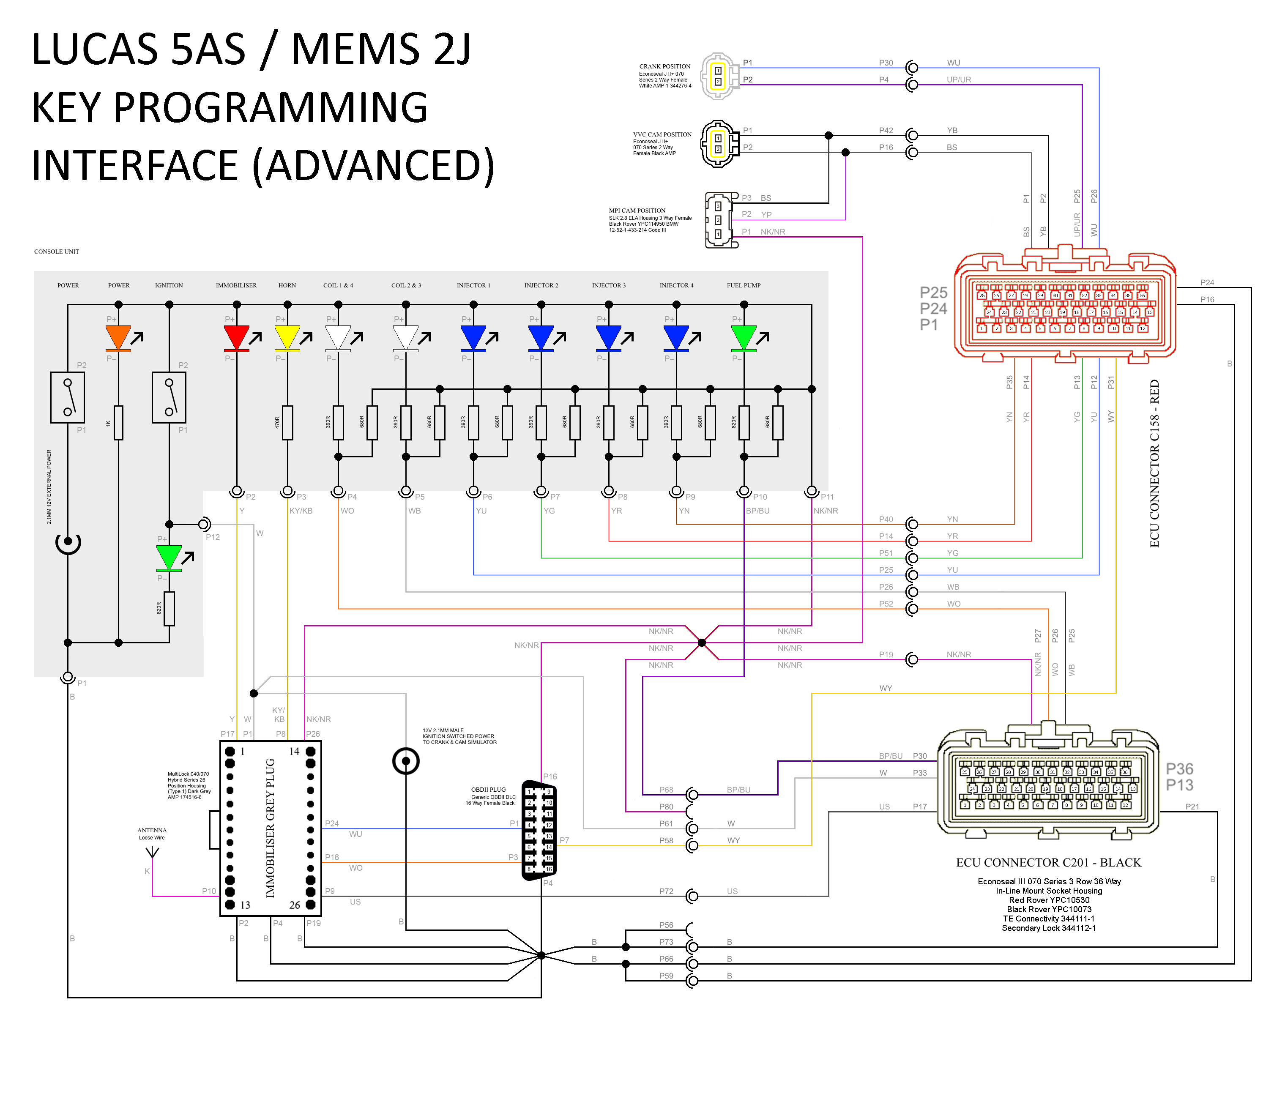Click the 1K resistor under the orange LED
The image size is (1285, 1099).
click(118, 423)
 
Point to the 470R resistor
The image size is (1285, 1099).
click(287, 423)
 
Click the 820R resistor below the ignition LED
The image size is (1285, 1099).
click(170, 608)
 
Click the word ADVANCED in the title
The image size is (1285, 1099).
click(374, 166)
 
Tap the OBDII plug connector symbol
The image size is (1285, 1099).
click(539, 830)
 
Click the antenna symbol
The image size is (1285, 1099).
click(152, 853)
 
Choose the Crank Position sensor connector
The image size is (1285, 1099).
click(719, 76)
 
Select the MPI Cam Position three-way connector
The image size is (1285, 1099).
click(720, 220)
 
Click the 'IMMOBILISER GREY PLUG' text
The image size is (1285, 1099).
click(271, 828)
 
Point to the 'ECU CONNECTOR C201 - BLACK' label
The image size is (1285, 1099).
click(1048, 863)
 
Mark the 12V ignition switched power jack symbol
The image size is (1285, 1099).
click(406, 760)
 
